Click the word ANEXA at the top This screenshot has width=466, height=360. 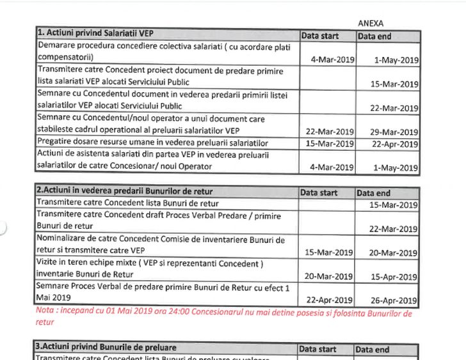[x=371, y=24]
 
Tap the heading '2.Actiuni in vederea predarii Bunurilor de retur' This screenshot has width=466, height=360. [x=125, y=191]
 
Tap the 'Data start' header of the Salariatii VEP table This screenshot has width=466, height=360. [x=320, y=36]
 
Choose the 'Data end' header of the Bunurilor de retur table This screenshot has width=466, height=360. [x=374, y=192]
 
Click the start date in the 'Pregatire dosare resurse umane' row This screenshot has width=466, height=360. [x=330, y=143]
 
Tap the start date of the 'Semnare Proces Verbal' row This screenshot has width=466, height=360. [x=330, y=300]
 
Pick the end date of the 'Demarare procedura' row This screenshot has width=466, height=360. [x=398, y=60]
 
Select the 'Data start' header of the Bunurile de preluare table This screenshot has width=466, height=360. [x=319, y=349]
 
